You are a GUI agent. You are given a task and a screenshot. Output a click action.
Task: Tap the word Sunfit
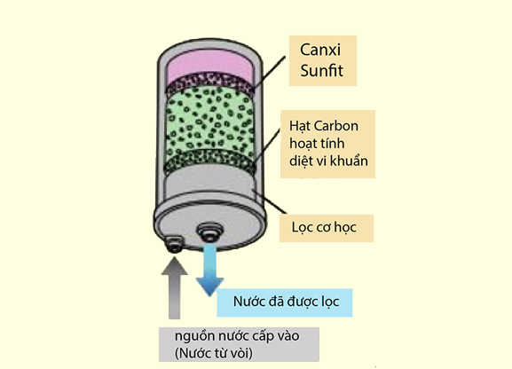point(321,71)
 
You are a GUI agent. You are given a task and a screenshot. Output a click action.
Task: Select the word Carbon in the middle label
point(336,126)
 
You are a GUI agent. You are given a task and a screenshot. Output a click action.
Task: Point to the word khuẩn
point(349,161)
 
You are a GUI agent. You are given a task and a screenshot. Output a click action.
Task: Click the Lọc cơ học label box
point(327,228)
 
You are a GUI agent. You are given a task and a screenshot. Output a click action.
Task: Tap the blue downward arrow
point(210,270)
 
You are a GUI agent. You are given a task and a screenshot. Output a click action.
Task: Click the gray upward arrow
point(175,287)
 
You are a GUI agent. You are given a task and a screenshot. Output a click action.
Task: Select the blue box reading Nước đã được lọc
point(285,302)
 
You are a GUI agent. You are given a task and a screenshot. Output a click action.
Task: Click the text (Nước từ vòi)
point(214,353)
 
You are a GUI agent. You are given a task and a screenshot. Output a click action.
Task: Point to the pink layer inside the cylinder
point(209,66)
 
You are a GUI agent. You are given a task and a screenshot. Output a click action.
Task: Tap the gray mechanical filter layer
point(209,181)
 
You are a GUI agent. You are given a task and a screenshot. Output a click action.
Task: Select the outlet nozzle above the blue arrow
point(209,232)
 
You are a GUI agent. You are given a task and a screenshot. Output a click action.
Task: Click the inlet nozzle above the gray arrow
point(174,244)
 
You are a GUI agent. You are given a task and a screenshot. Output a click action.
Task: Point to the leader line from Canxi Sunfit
point(269,72)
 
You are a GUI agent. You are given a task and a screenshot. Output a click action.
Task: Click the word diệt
point(302,161)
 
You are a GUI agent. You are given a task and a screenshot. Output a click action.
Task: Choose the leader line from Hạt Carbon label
point(267,145)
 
